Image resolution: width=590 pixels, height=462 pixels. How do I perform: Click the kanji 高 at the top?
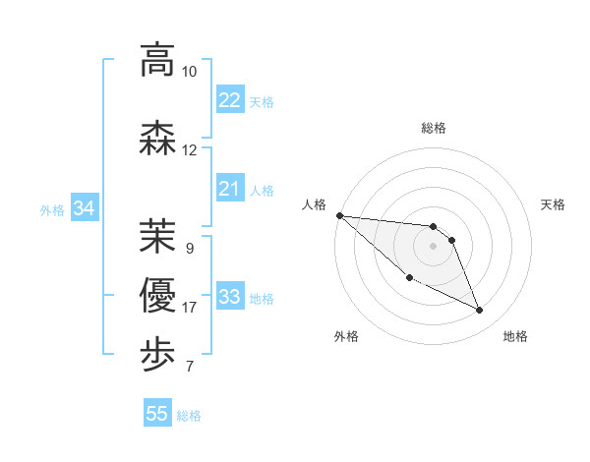pos(157,60)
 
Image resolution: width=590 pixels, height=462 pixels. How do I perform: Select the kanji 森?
pos(157,139)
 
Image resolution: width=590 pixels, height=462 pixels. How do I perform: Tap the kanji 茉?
pos(157,235)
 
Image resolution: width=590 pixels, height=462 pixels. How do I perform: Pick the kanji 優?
pos(157,296)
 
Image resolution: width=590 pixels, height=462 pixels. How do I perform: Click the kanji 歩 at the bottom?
pos(157,354)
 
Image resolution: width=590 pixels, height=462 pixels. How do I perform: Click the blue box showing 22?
pos(230,99)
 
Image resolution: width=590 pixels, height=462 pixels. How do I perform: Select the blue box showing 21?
pos(230,189)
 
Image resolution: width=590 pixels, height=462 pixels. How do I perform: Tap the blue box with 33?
pos(230,297)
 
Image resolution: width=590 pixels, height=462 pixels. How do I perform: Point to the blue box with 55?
pos(157,414)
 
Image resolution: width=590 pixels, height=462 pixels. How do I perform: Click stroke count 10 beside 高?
pos(189,72)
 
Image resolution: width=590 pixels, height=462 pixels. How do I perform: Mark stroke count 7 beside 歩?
pos(189,368)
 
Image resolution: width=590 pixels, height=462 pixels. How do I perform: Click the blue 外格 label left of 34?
pos(52,209)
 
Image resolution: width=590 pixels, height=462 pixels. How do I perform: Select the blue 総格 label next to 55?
pos(189,416)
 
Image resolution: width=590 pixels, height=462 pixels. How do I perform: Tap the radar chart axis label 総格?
pos(433,128)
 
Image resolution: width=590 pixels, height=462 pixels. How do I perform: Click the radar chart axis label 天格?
pos(554,204)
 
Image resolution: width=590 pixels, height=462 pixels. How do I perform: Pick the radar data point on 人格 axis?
pos(339,215)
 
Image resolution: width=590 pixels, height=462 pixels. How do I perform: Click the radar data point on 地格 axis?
pos(480,311)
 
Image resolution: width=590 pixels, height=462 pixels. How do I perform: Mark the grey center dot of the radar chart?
pos(433,246)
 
